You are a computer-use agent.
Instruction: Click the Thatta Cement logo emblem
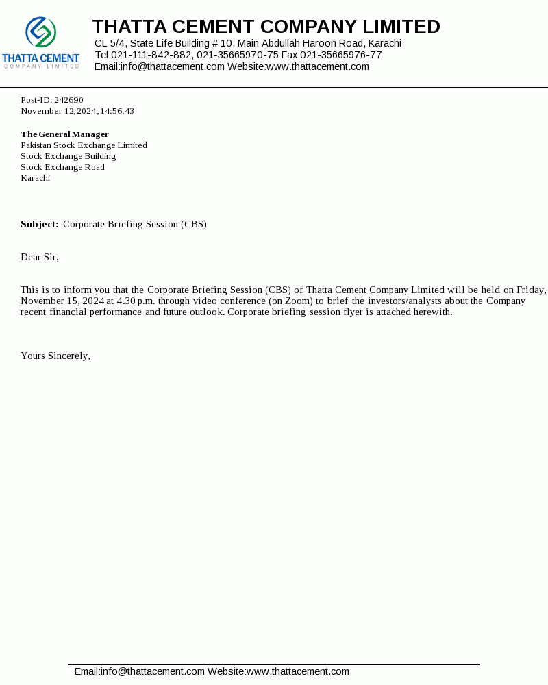41,32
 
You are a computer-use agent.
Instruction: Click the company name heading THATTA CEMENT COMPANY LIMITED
266,27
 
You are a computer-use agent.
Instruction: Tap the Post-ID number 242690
68,100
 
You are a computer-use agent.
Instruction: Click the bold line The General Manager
64,134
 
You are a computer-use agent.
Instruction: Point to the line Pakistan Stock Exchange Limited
84,145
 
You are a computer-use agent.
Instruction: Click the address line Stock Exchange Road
62,167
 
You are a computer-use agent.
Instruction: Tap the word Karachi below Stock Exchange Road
35,178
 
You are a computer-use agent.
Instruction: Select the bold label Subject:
39,224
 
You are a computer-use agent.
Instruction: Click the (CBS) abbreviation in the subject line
194,224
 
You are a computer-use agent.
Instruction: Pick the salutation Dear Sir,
40,257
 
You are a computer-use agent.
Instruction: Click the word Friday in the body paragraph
531,290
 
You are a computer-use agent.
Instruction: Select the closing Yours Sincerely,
55,356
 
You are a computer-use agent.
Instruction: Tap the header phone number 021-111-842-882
151,55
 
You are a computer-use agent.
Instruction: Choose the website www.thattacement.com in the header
317,66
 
